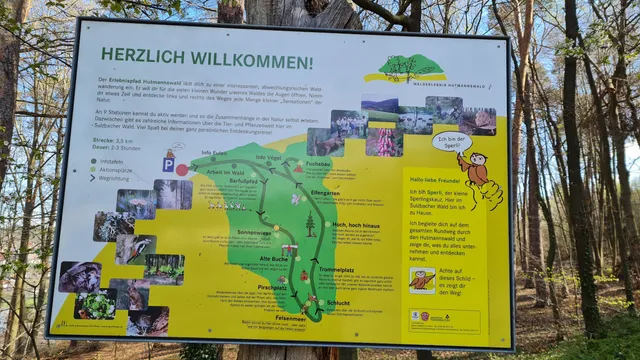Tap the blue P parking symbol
(x=168, y=164)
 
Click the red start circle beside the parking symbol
(x=182, y=170)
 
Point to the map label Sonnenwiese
(x=254, y=232)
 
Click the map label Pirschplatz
(x=272, y=287)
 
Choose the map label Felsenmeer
(x=291, y=317)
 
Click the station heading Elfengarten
(x=325, y=192)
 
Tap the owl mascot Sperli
(x=481, y=176)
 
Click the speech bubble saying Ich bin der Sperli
(x=451, y=142)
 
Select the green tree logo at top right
(x=410, y=68)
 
